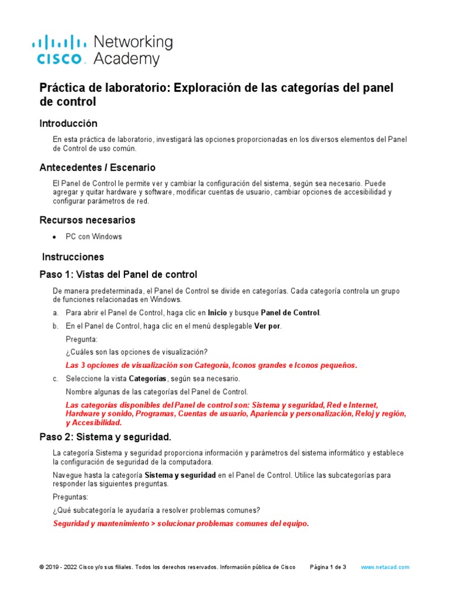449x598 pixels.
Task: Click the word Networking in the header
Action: pos(133,42)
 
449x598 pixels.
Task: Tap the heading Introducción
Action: pos(68,123)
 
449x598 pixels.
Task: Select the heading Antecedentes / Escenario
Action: pos(97,168)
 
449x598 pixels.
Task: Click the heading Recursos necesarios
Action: pos(87,220)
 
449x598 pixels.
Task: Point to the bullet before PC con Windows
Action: pos(54,237)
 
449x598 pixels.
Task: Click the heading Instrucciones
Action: pos(73,257)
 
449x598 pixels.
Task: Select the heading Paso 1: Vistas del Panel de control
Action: pos(118,274)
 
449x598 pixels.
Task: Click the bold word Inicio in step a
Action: pos(217,313)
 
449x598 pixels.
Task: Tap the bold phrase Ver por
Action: pos(267,326)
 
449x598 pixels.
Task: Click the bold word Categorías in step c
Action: pos(145,379)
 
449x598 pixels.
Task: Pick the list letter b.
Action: pos(55,326)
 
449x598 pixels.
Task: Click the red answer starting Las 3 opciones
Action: pos(210,366)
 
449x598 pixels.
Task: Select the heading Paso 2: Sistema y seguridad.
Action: pos(105,437)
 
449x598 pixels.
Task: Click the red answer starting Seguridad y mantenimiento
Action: pos(181,524)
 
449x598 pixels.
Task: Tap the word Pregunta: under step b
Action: pos(82,339)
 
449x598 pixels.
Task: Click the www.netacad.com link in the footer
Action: pos(385,567)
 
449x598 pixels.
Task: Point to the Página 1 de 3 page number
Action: pos(328,567)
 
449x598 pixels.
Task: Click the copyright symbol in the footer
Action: pos(42,567)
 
